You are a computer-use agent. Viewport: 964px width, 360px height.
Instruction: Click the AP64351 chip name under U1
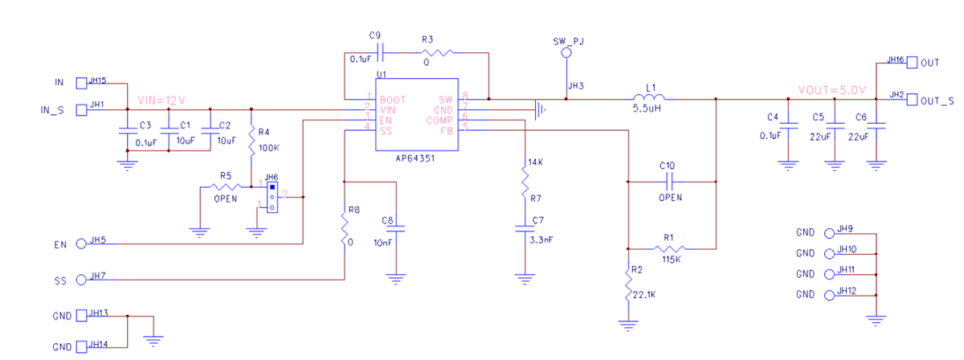tap(417, 159)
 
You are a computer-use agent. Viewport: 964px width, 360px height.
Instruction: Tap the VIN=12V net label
tap(161, 100)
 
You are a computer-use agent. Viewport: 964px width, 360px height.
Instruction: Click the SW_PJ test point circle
tap(566, 53)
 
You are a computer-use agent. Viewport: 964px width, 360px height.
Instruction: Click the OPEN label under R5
tap(225, 198)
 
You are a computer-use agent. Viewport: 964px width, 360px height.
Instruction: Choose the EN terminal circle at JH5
tap(81, 243)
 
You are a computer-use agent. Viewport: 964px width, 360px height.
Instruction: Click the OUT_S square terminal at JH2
tap(912, 100)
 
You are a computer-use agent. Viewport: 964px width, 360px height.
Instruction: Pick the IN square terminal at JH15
tap(81, 83)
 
